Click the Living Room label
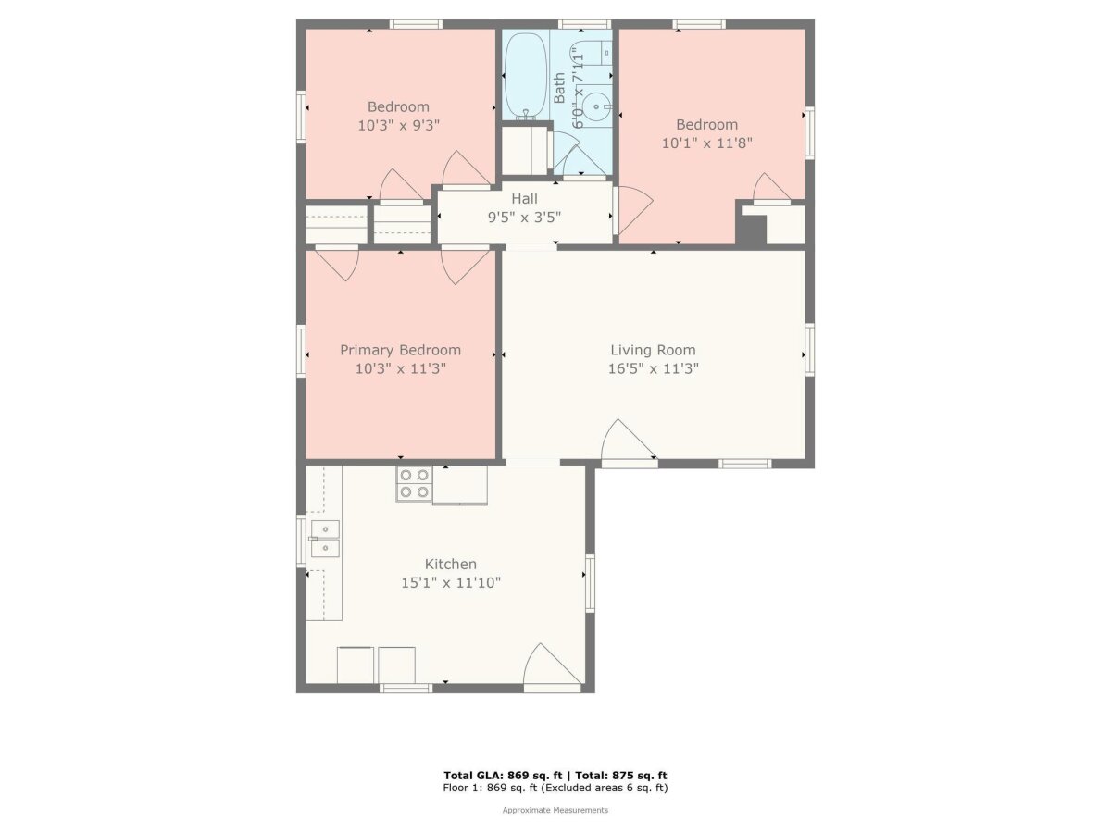coord(653,350)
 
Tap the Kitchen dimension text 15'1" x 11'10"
coord(451,583)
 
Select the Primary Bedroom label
coord(400,350)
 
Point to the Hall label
coord(524,198)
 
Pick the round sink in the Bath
coord(597,106)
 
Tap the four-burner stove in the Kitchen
coord(414,483)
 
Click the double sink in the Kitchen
coord(324,538)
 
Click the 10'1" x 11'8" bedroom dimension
coord(707,143)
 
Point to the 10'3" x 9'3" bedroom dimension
coord(398,125)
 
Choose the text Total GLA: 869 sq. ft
coord(503,776)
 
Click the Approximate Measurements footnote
coord(555,810)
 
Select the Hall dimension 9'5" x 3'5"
coord(524,217)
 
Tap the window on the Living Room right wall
coord(809,350)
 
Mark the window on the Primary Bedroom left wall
coord(301,351)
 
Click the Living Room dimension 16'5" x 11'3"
coord(653,368)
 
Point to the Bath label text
coord(559,88)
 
